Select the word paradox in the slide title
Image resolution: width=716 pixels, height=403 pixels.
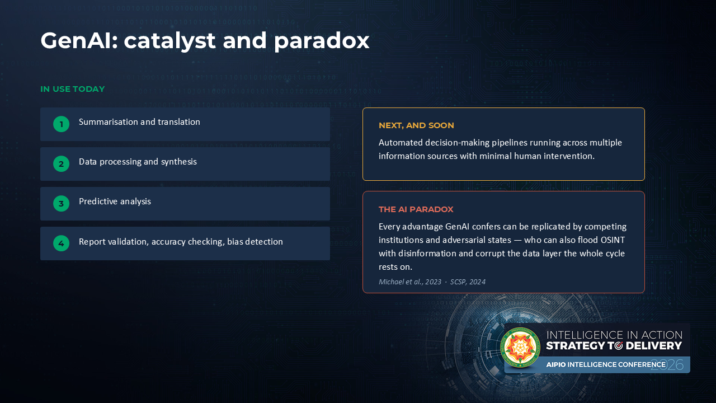[322, 41]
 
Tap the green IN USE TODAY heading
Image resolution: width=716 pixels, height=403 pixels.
[73, 89]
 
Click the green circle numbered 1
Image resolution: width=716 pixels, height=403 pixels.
[62, 124]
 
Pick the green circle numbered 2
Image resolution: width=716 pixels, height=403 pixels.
[62, 164]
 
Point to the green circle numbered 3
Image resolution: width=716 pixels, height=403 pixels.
[62, 203]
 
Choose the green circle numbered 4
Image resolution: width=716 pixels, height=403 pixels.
[62, 243]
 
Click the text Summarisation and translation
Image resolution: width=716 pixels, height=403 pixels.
[139, 122]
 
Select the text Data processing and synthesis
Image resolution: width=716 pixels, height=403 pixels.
[138, 162]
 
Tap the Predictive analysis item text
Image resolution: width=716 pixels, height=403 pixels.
[115, 201]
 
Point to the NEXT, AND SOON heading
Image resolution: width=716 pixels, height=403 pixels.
[416, 125]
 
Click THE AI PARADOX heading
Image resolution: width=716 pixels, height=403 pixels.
[416, 209]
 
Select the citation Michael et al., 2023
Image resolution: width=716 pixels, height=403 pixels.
[410, 282]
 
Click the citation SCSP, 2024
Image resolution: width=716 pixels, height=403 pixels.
[468, 282]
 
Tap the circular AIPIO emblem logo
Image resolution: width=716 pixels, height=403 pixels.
[520, 348]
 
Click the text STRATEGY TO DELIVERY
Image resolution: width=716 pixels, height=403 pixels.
[614, 346]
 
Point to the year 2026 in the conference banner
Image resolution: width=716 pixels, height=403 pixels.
[667, 365]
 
